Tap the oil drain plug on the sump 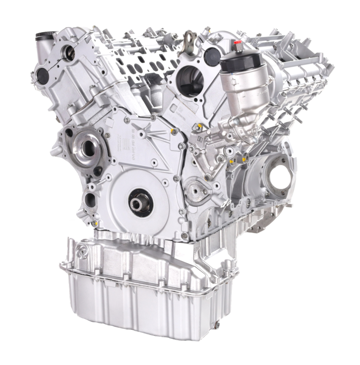tap(217, 325)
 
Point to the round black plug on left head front tap(43, 75)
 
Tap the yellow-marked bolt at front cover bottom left tap(94, 222)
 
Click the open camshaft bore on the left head tap(69, 53)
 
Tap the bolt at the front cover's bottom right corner tap(184, 234)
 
